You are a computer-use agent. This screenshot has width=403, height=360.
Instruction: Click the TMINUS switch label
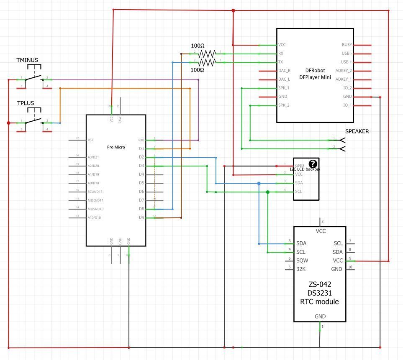point(27,60)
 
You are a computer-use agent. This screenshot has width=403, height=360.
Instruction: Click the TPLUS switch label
point(26,103)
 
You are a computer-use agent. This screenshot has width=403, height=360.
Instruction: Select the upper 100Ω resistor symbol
point(207,54)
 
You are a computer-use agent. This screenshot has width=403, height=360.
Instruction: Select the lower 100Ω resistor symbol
point(207,62)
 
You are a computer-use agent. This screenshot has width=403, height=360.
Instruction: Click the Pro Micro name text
point(116,147)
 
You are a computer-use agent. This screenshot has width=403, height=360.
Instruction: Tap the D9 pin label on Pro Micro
point(141,217)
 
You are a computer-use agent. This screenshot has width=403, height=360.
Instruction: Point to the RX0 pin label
point(141,140)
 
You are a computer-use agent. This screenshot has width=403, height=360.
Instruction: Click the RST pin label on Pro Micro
point(90,140)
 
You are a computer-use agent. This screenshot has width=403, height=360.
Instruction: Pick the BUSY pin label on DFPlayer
point(347,45)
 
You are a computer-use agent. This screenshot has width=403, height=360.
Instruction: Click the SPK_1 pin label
point(284,88)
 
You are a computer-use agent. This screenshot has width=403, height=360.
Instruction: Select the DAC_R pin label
point(284,71)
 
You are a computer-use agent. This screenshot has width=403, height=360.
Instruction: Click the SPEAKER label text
point(357,131)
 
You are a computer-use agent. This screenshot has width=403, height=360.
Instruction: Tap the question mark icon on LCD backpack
point(313,164)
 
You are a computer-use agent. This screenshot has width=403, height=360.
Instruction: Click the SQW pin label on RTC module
point(302,260)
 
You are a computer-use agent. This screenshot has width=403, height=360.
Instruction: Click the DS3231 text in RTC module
point(319,293)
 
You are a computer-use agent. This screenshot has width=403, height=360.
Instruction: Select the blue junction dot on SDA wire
point(259,184)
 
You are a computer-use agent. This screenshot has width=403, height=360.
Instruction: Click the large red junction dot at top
point(233,10)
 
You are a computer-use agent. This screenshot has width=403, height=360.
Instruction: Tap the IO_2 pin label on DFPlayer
point(347,88)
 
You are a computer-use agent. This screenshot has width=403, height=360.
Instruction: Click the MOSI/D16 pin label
point(95,209)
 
